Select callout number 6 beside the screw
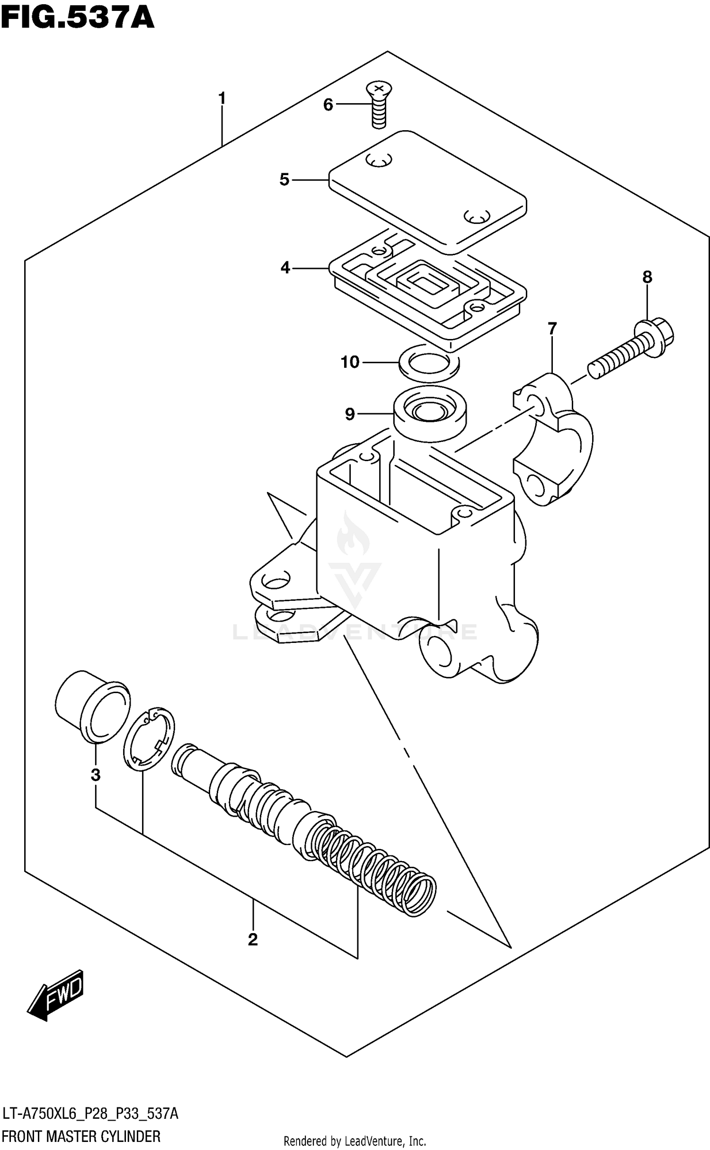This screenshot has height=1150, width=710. pyautogui.click(x=328, y=105)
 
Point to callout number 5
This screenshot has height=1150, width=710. pyautogui.click(x=284, y=180)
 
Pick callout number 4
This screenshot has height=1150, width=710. pyautogui.click(x=285, y=268)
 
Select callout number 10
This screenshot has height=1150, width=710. pyautogui.click(x=350, y=362)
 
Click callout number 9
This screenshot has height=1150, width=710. pyautogui.click(x=349, y=414)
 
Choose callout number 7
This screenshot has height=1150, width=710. pyautogui.click(x=552, y=328)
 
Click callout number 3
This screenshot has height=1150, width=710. pyautogui.click(x=96, y=775)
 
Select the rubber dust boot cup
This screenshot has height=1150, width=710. pyautogui.click(x=92, y=705)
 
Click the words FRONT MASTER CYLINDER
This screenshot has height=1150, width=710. pyautogui.click(x=81, y=1136)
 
